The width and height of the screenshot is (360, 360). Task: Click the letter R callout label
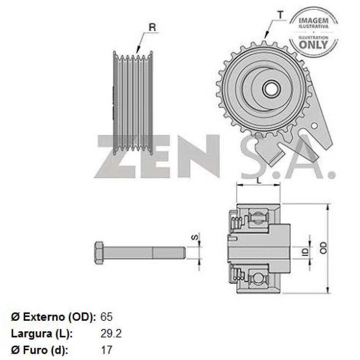[x=152, y=27]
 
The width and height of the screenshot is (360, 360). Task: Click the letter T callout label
[x=280, y=14]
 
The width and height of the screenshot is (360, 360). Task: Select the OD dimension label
[x=323, y=247]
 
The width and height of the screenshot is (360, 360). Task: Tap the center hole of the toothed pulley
[x=270, y=89]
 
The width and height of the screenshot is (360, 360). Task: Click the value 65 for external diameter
[x=106, y=316]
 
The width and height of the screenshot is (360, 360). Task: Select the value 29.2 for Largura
[x=110, y=333]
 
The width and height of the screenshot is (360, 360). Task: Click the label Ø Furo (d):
[x=39, y=350]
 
